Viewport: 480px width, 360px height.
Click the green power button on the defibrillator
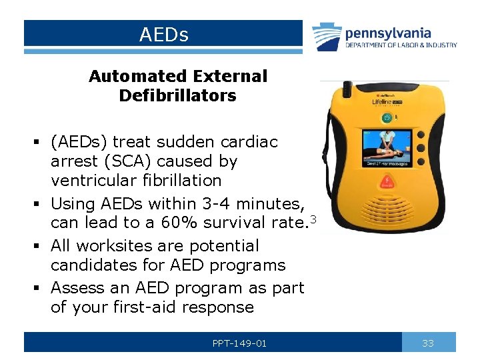tap(385, 118)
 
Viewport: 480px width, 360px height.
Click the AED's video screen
tap(387, 148)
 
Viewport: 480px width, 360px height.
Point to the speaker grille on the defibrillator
tap(387, 209)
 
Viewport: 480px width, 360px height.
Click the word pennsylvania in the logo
tap(388, 33)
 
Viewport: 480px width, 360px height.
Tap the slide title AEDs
tap(164, 34)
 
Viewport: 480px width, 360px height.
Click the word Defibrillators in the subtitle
tap(177, 95)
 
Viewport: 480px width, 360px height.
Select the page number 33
tap(428, 343)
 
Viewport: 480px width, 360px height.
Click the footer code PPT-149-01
tap(239, 343)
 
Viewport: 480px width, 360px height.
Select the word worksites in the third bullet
tap(107, 246)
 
